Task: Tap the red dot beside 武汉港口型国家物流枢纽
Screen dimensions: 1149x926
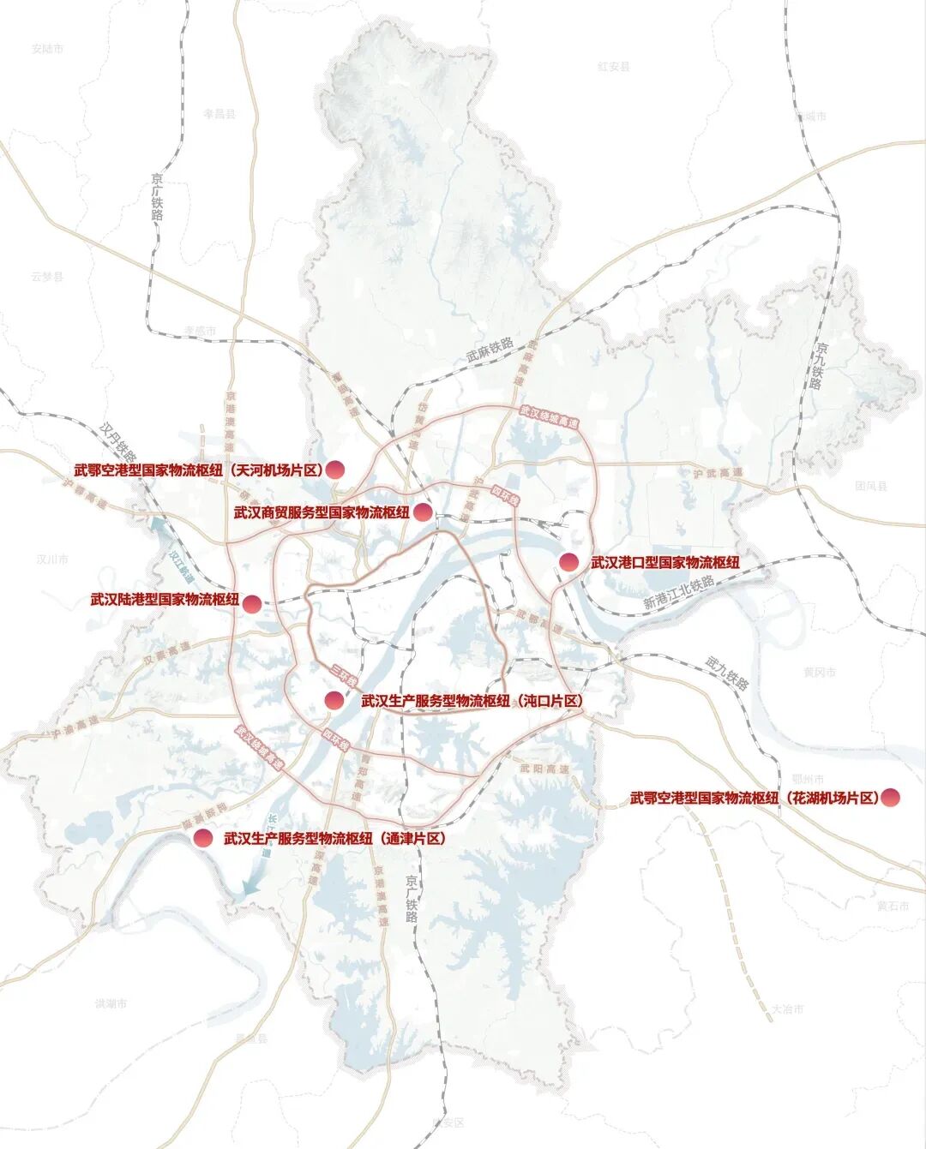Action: pos(568,562)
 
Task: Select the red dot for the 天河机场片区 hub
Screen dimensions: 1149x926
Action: pos(334,469)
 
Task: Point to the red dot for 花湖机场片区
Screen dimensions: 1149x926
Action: pos(891,797)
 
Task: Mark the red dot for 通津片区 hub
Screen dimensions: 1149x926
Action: pos(202,838)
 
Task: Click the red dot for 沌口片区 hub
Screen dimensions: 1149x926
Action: pos(334,700)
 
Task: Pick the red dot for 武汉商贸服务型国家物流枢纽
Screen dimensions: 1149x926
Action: pos(423,512)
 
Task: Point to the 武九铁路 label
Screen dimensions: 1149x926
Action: pos(728,673)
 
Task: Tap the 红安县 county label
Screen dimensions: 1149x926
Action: pos(614,66)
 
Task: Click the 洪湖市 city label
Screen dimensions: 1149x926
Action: pos(111,1003)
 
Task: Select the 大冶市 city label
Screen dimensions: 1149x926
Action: pos(787,1009)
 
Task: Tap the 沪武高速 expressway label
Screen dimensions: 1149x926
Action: pos(707,473)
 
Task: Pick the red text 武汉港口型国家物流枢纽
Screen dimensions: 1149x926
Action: pos(664,563)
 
